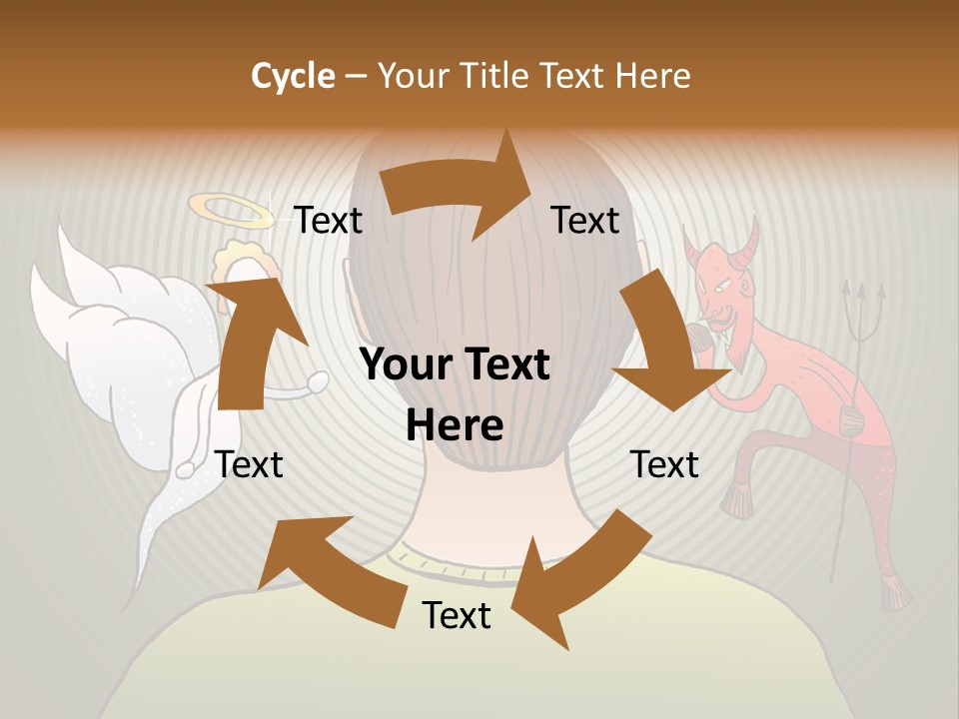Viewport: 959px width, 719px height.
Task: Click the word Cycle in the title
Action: pyautogui.click(x=293, y=76)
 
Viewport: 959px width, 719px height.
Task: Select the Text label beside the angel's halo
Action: pyautogui.click(x=329, y=220)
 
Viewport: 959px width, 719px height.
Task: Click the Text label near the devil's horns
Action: pyautogui.click(x=585, y=220)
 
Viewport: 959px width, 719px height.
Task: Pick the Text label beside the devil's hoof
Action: pyautogui.click(x=664, y=464)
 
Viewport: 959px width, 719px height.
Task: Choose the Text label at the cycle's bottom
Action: pyautogui.click(x=457, y=615)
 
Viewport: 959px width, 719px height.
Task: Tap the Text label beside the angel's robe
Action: pyautogui.click(x=250, y=464)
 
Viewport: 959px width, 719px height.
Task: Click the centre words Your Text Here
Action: pyautogui.click(x=455, y=394)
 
